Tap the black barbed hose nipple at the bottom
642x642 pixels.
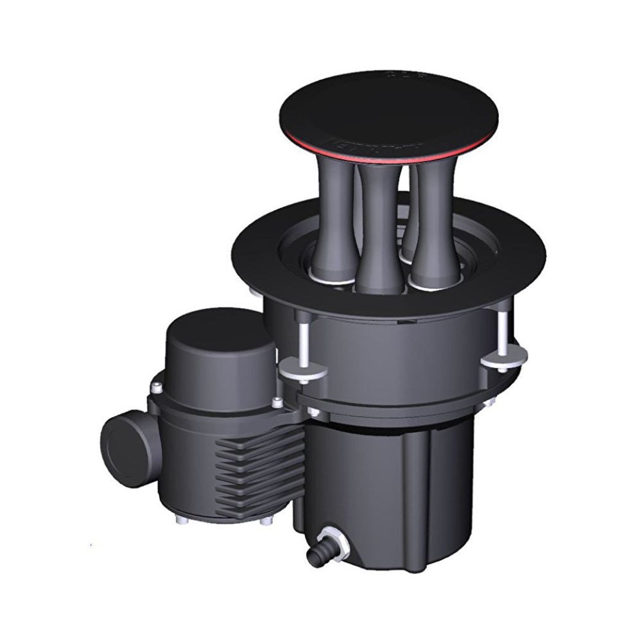(316, 555)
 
